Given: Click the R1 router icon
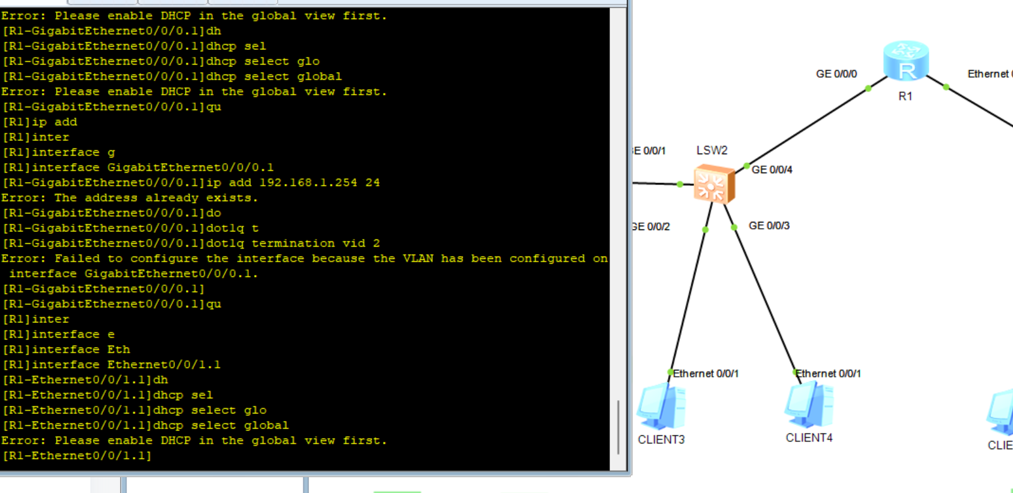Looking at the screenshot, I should (x=906, y=61).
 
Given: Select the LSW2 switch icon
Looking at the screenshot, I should (x=714, y=184).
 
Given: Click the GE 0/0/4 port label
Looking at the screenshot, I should (x=772, y=169).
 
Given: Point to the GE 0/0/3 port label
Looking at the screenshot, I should (x=769, y=226).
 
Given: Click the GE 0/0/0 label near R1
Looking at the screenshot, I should (x=836, y=74).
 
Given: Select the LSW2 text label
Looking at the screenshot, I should (x=712, y=150).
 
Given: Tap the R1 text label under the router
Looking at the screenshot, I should (x=905, y=96).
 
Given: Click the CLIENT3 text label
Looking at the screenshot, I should (x=661, y=439).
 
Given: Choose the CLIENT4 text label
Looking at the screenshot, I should (x=809, y=437).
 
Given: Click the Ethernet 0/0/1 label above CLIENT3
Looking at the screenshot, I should (x=705, y=374).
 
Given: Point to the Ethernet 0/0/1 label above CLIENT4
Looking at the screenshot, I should (x=828, y=374).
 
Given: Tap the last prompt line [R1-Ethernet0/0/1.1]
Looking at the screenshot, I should (x=77, y=456).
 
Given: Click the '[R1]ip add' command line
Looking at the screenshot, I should (x=40, y=122).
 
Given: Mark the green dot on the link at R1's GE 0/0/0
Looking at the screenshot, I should (x=868, y=88).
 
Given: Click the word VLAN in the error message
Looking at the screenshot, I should (x=418, y=259).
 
